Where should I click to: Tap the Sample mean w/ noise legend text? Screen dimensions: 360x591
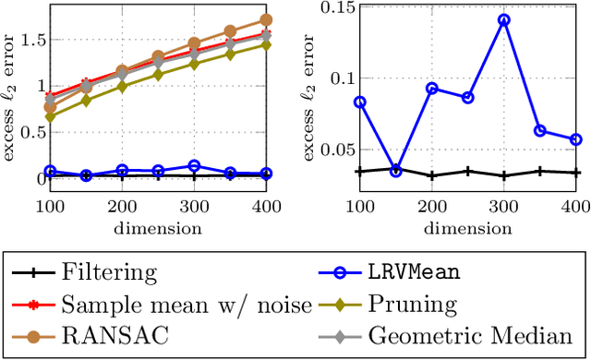pos(187,304)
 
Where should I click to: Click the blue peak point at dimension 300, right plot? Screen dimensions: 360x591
pos(503,18)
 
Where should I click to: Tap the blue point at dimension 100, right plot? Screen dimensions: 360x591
pos(360,102)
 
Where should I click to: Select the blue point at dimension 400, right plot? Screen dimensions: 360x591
pos(575,139)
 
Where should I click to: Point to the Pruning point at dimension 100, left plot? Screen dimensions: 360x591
pos(51,117)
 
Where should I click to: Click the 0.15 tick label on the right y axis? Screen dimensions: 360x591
pos(326,9)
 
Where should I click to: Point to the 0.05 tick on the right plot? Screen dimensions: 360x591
pos(326,150)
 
